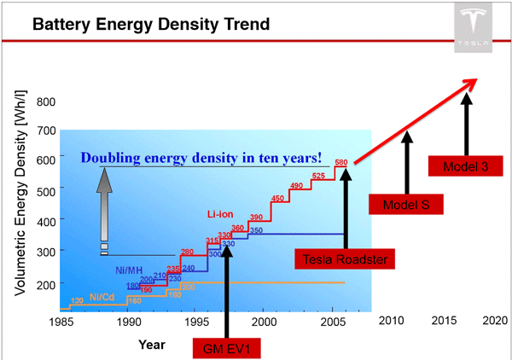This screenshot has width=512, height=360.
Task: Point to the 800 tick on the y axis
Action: pyautogui.click(x=45, y=102)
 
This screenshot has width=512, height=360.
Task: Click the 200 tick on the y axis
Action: pyautogui.click(x=45, y=283)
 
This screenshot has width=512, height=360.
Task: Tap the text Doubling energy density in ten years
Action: pyautogui.click(x=201, y=157)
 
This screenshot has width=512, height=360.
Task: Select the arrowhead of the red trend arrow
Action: pyautogui.click(x=469, y=84)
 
